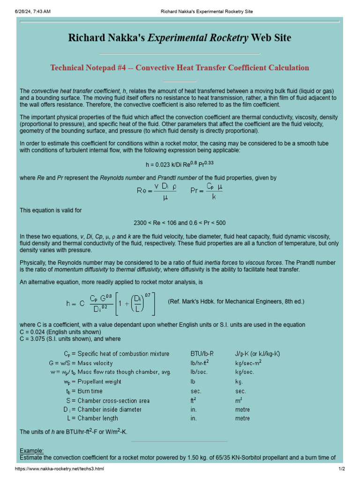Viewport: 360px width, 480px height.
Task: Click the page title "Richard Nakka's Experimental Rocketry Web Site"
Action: [x=180, y=38]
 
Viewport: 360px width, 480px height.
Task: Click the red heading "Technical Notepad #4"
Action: [x=180, y=67]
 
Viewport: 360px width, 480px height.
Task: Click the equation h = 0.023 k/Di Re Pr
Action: [x=180, y=165]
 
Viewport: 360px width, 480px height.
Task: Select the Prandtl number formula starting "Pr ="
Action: [x=207, y=191]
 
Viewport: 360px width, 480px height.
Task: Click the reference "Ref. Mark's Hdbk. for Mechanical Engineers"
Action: [x=236, y=301]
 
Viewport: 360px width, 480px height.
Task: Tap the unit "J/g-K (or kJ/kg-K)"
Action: [x=257, y=354]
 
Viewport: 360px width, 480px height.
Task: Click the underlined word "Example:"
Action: [x=31, y=450]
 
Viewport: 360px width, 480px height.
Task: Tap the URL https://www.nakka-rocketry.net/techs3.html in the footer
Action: [x=60, y=469]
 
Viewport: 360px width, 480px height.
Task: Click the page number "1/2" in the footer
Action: [x=342, y=469]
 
